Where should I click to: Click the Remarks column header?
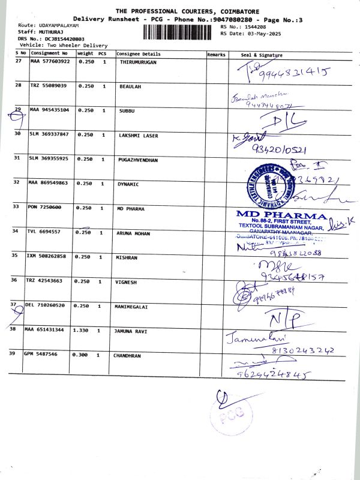[216, 55]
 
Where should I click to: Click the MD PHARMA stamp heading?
[281, 214]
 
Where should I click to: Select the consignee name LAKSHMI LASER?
[139, 136]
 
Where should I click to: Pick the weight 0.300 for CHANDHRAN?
[80, 355]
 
